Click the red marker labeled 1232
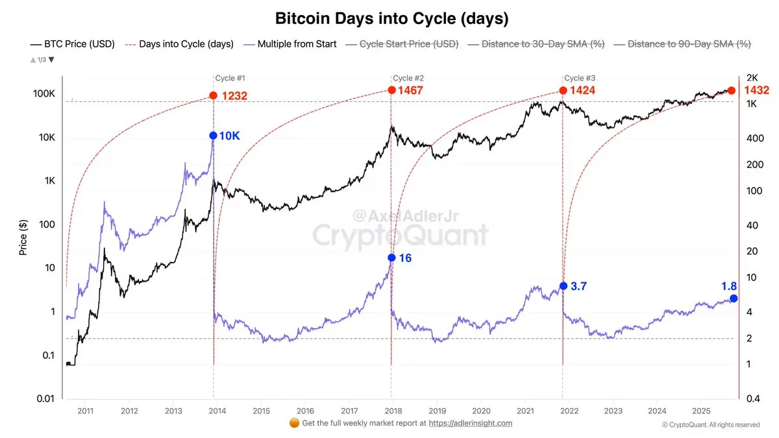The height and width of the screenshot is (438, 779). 213,95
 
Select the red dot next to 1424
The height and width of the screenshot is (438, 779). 562,90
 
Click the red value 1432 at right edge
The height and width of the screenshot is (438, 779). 756,90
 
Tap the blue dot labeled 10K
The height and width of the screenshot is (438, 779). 213,136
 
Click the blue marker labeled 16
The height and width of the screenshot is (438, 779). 391,258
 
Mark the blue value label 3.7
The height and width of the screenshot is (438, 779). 578,286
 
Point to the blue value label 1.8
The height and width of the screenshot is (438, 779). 730,286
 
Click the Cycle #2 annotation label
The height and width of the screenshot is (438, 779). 409,78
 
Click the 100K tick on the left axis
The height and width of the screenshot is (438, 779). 44,94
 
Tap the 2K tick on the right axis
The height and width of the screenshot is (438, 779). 752,78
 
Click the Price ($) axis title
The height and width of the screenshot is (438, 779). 23,236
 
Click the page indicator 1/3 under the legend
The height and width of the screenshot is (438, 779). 42,60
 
